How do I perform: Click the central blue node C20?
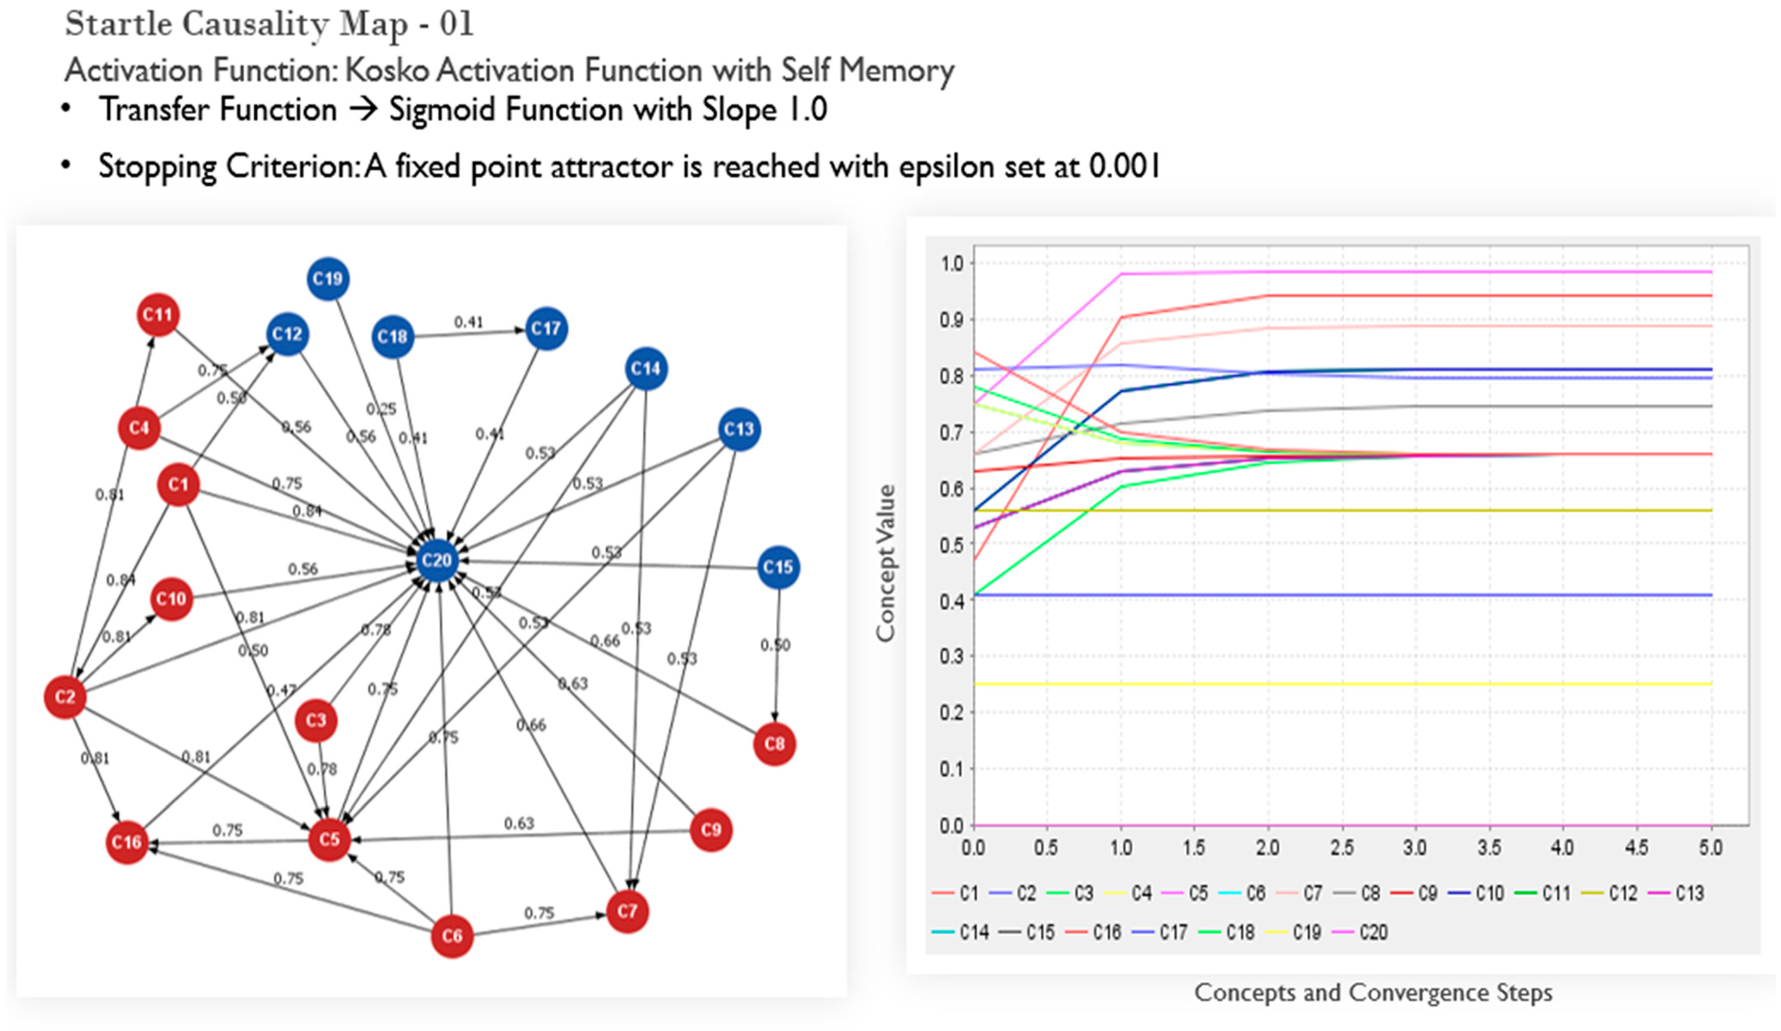pos(436,561)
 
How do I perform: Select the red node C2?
pos(65,697)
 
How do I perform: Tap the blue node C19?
pos(328,279)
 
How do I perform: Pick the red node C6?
pos(452,936)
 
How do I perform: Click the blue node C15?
pos(778,567)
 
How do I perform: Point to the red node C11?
pos(158,314)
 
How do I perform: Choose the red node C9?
pos(710,830)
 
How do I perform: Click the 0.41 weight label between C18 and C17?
pos(469,322)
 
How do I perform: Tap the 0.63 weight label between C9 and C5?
pos(519,823)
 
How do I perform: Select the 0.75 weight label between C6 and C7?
pos(538,913)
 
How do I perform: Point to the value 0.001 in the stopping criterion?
pos(1124,167)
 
